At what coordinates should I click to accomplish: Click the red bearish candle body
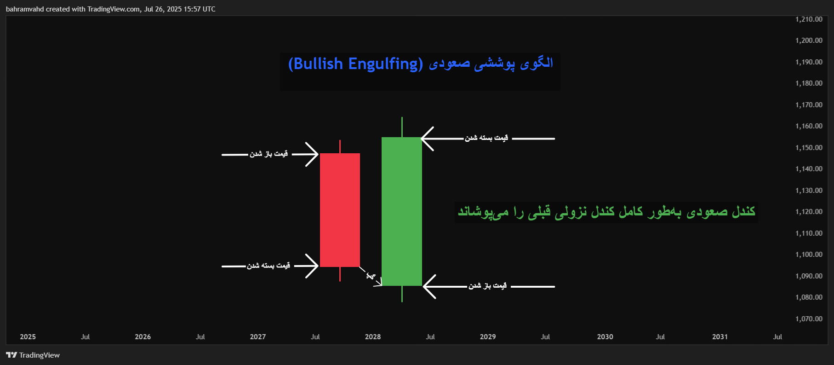pyautogui.click(x=340, y=210)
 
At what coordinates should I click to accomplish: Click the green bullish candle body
pyautogui.click(x=401, y=211)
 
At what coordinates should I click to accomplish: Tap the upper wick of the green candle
pyautogui.click(x=402, y=127)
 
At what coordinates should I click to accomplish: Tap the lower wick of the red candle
pyautogui.click(x=340, y=274)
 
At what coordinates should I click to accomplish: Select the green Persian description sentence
pyautogui.click(x=606, y=212)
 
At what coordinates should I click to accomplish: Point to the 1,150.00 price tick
pyautogui.click(x=809, y=148)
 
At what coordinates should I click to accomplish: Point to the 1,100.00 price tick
pyautogui.click(x=809, y=255)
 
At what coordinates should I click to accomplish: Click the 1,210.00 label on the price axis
pyautogui.click(x=809, y=19)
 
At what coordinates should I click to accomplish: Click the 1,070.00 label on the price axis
pyautogui.click(x=809, y=319)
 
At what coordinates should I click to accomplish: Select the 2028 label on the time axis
pyautogui.click(x=372, y=337)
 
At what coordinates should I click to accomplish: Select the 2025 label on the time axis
pyautogui.click(x=28, y=337)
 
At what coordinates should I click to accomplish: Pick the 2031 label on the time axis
pyautogui.click(x=720, y=337)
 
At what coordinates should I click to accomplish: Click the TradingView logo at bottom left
pyautogui.click(x=33, y=355)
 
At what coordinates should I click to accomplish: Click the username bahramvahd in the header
pyautogui.click(x=24, y=9)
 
